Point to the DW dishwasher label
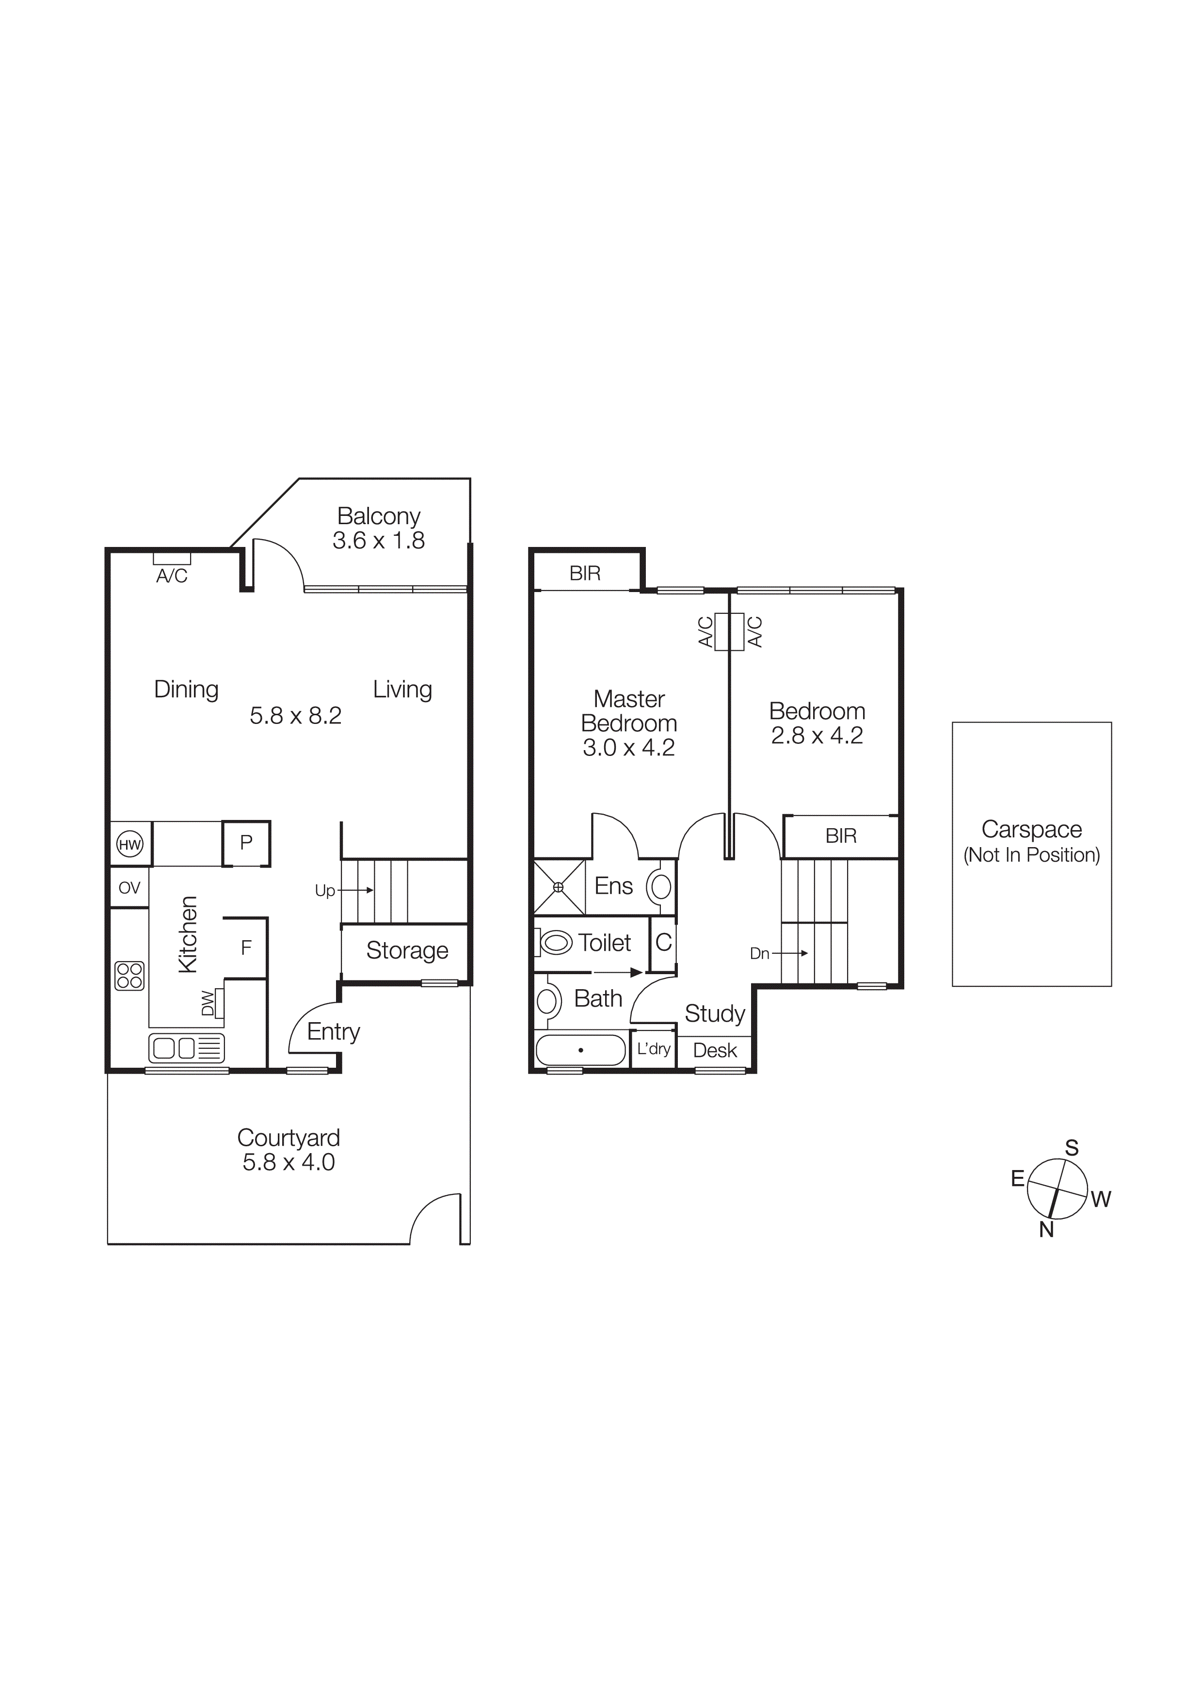(x=208, y=1003)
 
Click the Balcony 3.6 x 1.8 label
(x=379, y=528)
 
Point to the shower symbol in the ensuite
(x=559, y=887)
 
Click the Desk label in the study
(x=715, y=1051)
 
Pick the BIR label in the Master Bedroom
(x=584, y=574)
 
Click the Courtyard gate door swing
(x=435, y=1217)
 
